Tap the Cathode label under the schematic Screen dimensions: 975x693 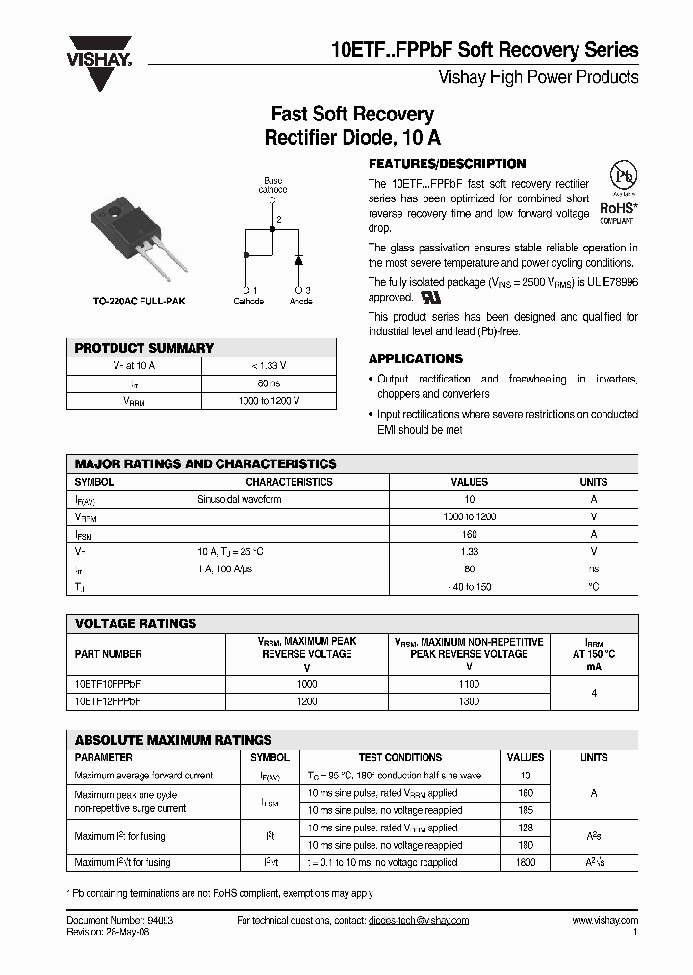coord(248,302)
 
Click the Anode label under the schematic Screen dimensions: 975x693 coord(301,302)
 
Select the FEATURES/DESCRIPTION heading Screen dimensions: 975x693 coord(448,164)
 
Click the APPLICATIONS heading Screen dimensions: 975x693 coord(416,358)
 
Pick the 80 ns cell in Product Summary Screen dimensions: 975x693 coord(269,383)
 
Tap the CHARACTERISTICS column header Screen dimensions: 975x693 coord(289,482)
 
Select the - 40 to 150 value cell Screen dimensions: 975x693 coord(469,586)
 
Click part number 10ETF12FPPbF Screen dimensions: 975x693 coord(108,702)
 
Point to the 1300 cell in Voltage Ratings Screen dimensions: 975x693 coord(469,702)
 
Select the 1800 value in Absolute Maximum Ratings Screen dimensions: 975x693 coord(526,862)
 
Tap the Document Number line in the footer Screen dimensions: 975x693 coord(120,921)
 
